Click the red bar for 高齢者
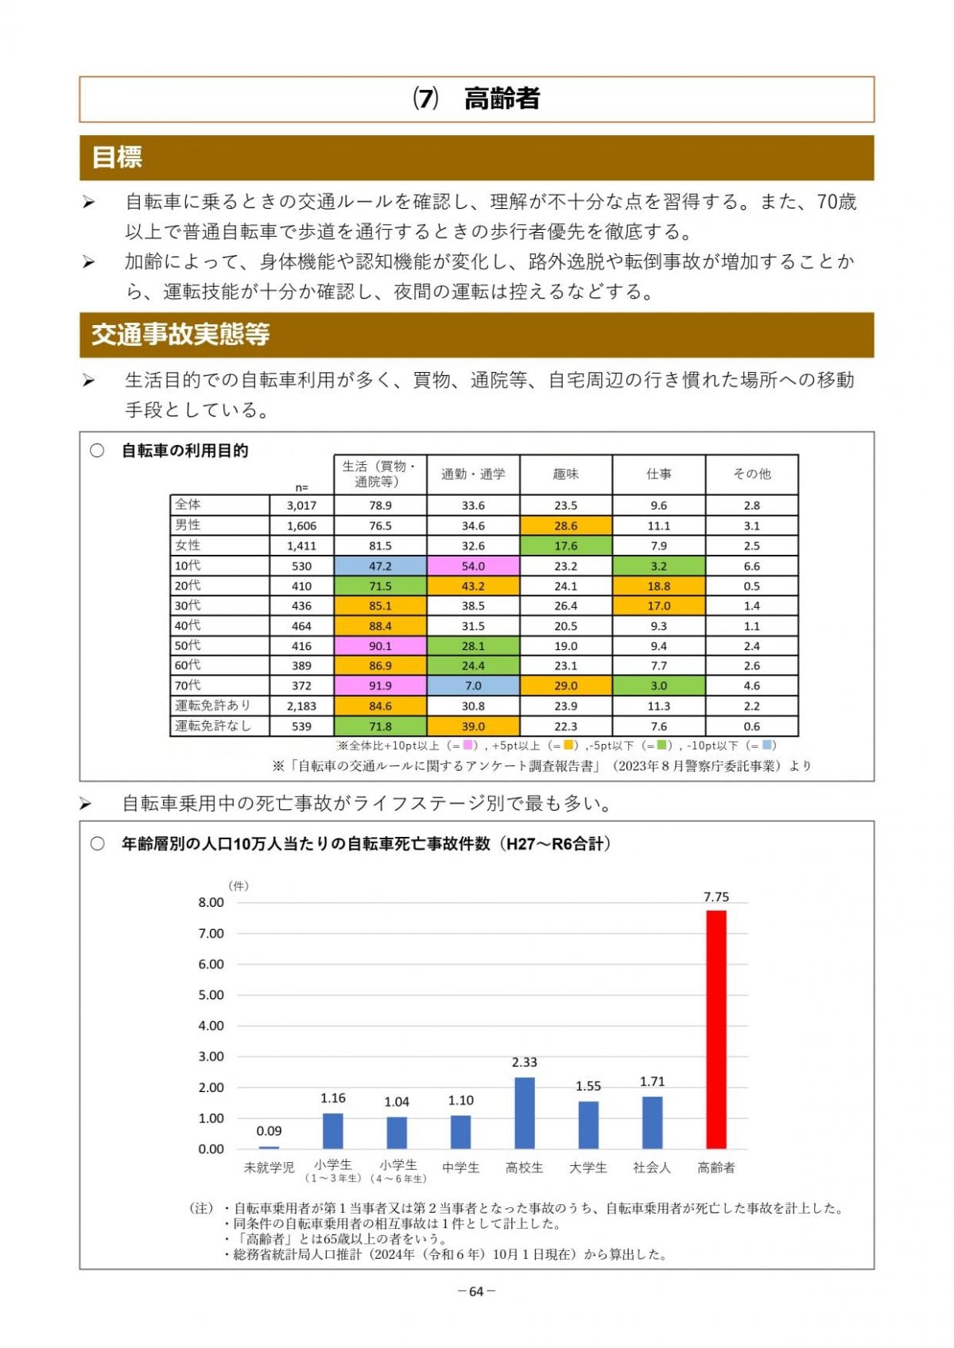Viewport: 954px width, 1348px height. (x=715, y=1029)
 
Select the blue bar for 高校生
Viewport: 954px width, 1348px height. (x=524, y=1113)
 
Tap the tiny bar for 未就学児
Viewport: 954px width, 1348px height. (x=269, y=1147)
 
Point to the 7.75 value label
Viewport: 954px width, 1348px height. (x=715, y=897)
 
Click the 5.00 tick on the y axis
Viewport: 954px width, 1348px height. (x=211, y=994)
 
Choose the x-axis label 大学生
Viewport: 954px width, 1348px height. (x=588, y=1168)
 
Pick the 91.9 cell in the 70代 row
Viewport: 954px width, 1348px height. (x=380, y=685)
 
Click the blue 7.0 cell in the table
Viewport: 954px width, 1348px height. (x=473, y=685)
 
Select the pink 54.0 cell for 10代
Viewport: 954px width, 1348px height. (x=473, y=566)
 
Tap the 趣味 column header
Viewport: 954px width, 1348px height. (x=565, y=474)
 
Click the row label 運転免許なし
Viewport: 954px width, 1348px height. (x=212, y=726)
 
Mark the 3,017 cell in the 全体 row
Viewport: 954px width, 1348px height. (x=301, y=505)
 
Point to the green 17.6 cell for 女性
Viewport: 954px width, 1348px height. (x=565, y=546)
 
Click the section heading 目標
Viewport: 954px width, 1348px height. (x=117, y=157)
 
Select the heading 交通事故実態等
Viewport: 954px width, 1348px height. (x=180, y=335)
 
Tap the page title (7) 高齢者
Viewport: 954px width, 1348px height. (x=476, y=99)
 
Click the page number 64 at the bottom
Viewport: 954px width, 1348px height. (x=476, y=1292)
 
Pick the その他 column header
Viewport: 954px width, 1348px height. (x=751, y=474)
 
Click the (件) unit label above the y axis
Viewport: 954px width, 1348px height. (x=238, y=885)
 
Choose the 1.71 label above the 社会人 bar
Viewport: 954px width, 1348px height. (x=652, y=1081)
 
